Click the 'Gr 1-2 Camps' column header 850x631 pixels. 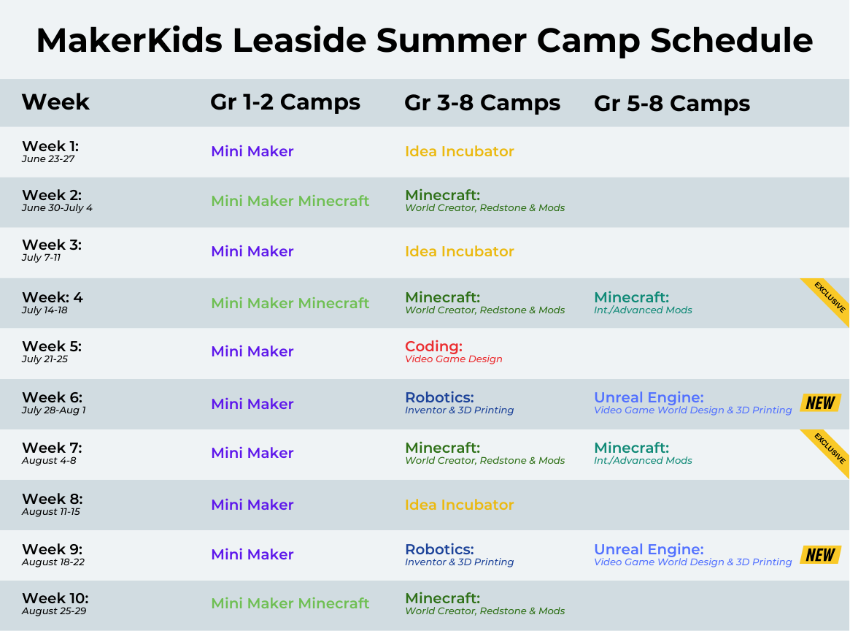coord(285,102)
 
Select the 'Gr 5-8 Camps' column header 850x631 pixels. coord(672,103)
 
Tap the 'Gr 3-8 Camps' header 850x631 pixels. coord(482,102)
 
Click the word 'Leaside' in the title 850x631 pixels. coord(300,40)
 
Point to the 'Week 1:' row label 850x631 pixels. coord(50,146)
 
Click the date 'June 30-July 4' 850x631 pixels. coord(57,208)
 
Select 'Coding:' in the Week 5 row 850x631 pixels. coord(433,346)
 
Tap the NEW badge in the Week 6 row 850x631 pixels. coord(820,402)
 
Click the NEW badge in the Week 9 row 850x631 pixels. coord(820,554)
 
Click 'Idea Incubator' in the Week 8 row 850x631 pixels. coord(459,505)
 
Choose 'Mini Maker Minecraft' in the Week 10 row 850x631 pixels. coord(290,603)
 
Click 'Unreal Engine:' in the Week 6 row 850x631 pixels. coord(649,398)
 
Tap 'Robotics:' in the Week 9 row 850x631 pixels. coord(440,549)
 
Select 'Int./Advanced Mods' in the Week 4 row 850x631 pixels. coord(643,310)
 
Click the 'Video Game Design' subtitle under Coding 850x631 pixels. coord(454,359)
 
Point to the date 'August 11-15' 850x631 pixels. coord(51,512)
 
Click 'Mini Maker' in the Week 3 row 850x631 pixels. coord(252,251)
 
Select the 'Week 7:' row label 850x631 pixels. coord(52,448)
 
